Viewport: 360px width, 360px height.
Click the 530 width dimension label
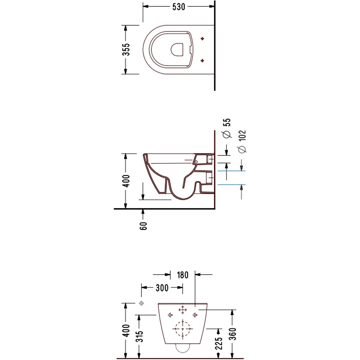tap(179, 7)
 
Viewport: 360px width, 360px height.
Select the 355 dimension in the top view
tap(126, 49)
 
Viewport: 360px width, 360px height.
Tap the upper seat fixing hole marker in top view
tap(202, 39)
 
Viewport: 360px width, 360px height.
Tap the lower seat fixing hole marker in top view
tap(202, 60)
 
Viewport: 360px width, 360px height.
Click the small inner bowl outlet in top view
tap(177, 50)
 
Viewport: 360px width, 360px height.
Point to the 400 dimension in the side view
tap(126, 181)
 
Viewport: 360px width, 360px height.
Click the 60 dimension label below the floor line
tap(143, 226)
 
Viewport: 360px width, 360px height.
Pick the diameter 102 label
tap(242, 141)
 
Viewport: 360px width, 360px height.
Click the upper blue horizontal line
tap(231, 171)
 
